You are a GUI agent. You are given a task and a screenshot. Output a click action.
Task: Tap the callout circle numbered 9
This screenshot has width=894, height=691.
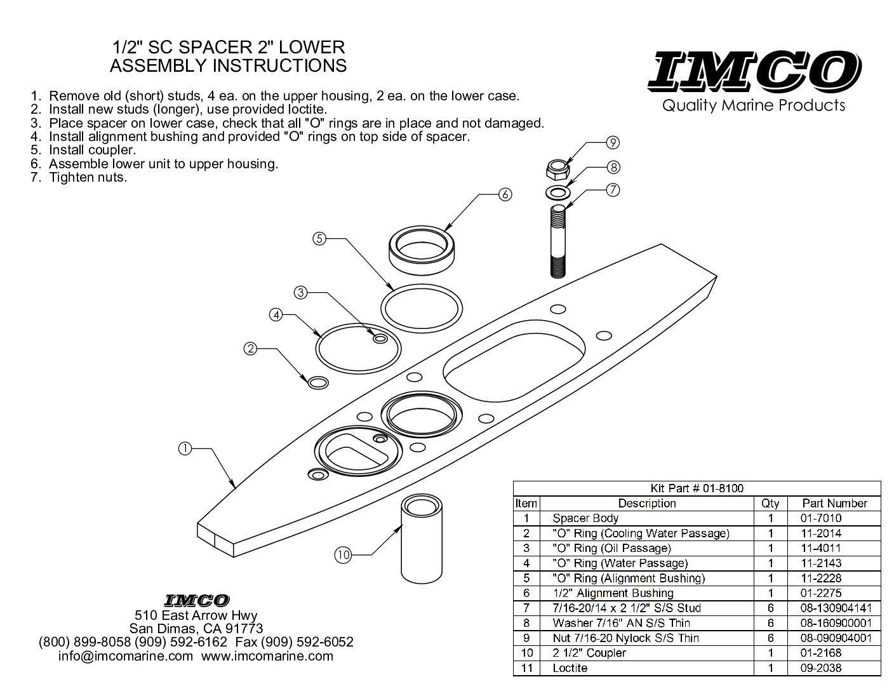point(613,142)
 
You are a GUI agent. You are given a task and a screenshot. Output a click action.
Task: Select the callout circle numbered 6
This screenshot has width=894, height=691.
point(505,194)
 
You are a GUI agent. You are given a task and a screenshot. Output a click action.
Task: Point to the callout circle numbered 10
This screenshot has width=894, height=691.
point(343,555)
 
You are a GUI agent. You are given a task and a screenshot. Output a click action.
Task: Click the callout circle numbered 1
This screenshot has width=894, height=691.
point(185,448)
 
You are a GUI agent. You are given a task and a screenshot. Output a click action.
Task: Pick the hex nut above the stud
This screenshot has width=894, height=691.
point(558,169)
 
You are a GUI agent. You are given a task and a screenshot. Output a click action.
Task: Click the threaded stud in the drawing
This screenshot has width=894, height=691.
point(558,241)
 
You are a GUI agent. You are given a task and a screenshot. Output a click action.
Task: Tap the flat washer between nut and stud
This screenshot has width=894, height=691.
point(558,192)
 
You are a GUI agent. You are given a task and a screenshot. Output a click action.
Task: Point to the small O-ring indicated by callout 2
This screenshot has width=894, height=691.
point(318,383)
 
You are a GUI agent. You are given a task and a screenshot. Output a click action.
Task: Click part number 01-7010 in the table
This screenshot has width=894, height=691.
point(821,518)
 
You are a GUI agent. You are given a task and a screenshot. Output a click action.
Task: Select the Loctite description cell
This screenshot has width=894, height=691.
point(570,668)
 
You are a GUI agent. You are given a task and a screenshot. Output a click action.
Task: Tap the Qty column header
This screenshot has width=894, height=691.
point(770,504)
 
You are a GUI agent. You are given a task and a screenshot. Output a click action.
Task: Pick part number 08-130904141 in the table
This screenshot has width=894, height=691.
point(836,608)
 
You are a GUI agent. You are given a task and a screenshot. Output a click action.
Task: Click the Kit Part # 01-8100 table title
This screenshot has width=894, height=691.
point(697,488)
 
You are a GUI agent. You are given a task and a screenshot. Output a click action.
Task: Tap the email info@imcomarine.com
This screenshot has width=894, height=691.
point(126,656)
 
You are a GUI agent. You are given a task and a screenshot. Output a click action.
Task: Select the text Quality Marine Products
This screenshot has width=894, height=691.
point(753,106)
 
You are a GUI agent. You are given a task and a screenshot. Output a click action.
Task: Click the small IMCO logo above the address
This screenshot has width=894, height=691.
point(196,601)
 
